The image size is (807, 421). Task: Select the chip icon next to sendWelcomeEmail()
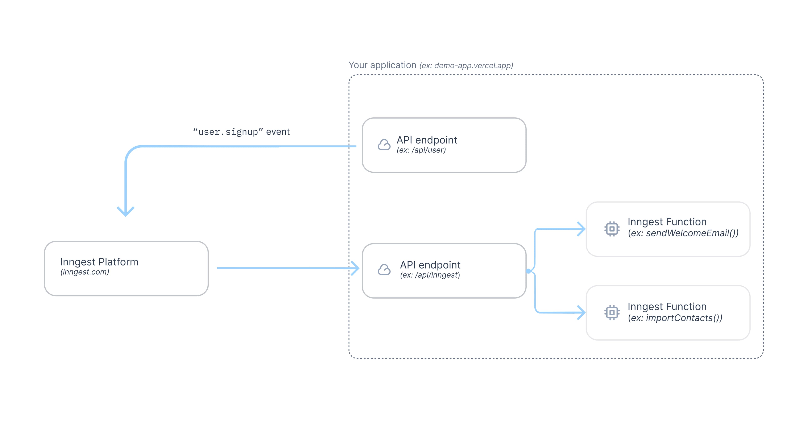(x=612, y=229)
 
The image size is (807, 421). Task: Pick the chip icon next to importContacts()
(x=612, y=312)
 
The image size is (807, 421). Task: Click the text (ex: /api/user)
(x=421, y=150)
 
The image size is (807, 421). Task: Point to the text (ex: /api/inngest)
(x=430, y=275)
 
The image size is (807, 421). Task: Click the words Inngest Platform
(x=99, y=262)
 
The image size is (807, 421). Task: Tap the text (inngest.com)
(x=84, y=272)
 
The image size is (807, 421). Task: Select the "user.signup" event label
(x=241, y=132)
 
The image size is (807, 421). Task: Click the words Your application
(x=382, y=65)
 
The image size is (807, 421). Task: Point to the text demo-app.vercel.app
(x=473, y=66)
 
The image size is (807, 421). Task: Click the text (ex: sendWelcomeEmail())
(x=683, y=233)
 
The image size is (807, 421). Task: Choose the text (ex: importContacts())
(x=675, y=318)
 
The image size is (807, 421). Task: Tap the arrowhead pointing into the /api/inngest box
(x=356, y=268)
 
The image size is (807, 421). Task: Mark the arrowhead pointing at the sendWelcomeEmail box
(x=582, y=229)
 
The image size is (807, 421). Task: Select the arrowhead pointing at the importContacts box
(x=582, y=312)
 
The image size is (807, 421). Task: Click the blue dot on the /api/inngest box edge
(x=529, y=271)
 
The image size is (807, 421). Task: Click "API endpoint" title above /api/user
(x=427, y=140)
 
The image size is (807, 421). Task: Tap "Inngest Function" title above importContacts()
(x=667, y=306)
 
